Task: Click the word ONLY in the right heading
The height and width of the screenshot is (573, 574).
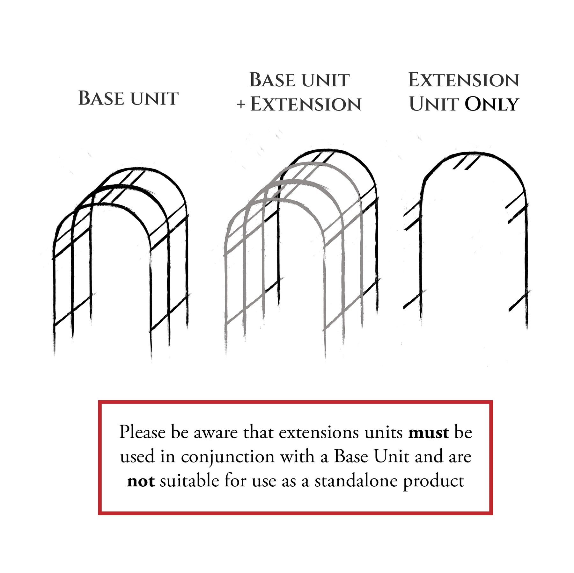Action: coord(492,104)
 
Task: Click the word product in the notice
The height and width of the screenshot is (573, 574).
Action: coord(434,482)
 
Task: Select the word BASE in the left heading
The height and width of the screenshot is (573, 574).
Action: coord(101,98)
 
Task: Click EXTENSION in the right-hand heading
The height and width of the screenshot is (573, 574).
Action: coord(464,80)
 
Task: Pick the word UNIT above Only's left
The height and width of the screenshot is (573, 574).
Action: coord(434,104)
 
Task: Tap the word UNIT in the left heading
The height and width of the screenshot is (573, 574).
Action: coord(154,98)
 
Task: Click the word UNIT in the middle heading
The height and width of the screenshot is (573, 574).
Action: coord(326,80)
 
